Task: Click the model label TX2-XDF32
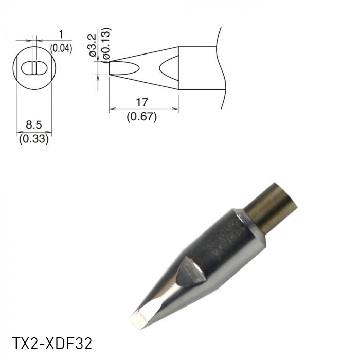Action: click(x=51, y=343)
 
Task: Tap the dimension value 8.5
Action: click(x=33, y=125)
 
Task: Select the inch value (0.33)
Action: click(x=33, y=138)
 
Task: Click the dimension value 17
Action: click(x=142, y=102)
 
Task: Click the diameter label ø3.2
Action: click(x=93, y=46)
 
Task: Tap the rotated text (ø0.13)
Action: click(x=105, y=45)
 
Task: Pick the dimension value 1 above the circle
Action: click(x=61, y=34)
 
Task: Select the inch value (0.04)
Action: click(x=61, y=49)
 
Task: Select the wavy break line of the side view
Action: click(x=222, y=67)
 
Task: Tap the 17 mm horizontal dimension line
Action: click(x=144, y=109)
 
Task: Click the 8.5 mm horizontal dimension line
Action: click(x=34, y=132)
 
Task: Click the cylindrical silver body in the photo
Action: click(x=226, y=247)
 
